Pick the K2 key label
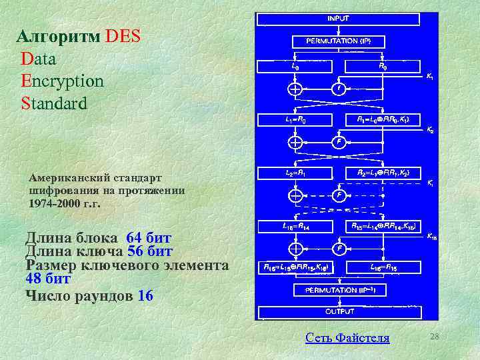click(x=430, y=131)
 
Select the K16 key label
click(x=431, y=236)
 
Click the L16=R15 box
click(x=383, y=268)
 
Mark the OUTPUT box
click(x=339, y=311)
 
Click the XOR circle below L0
click(x=295, y=89)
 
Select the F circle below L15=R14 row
click(x=339, y=248)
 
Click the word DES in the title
click(x=123, y=36)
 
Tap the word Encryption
click(x=62, y=81)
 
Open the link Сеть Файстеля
click(x=347, y=337)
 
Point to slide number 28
click(x=435, y=336)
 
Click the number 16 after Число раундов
click(x=145, y=295)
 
